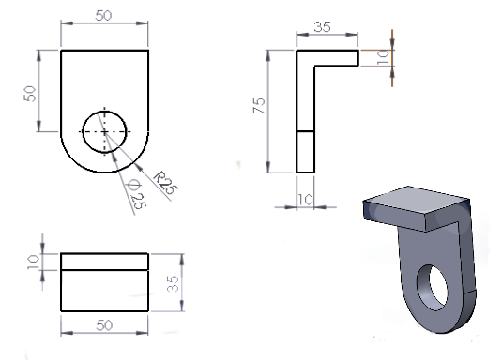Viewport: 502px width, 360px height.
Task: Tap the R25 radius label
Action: click(165, 183)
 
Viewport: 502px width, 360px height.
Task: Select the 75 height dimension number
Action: click(259, 105)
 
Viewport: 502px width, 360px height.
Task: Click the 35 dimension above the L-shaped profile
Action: click(322, 27)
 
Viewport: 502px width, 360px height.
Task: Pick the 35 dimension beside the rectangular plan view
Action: click(174, 283)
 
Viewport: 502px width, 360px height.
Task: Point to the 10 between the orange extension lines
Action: click(383, 58)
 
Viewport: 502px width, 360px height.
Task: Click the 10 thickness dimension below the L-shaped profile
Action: click(306, 200)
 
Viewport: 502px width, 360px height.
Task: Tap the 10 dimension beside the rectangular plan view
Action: click(33, 262)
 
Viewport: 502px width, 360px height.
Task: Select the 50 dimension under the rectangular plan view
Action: click(104, 325)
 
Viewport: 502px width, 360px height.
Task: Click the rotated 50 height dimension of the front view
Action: click(30, 94)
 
